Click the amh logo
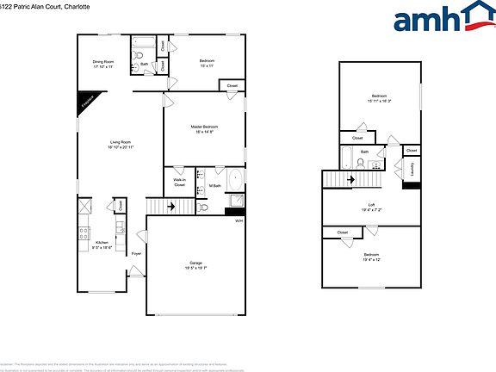[x=438, y=19]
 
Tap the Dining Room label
[x=104, y=61]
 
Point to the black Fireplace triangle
[x=86, y=102]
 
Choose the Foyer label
[x=136, y=254]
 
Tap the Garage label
[x=195, y=263]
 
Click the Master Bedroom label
[x=203, y=127]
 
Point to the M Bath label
[x=214, y=185]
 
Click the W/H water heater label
[x=239, y=222]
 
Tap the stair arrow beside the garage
[x=171, y=207]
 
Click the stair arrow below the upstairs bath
[x=351, y=179]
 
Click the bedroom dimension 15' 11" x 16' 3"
[x=380, y=101]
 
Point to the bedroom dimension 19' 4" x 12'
[x=371, y=259]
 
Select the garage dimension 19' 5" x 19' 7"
[x=195, y=268]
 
